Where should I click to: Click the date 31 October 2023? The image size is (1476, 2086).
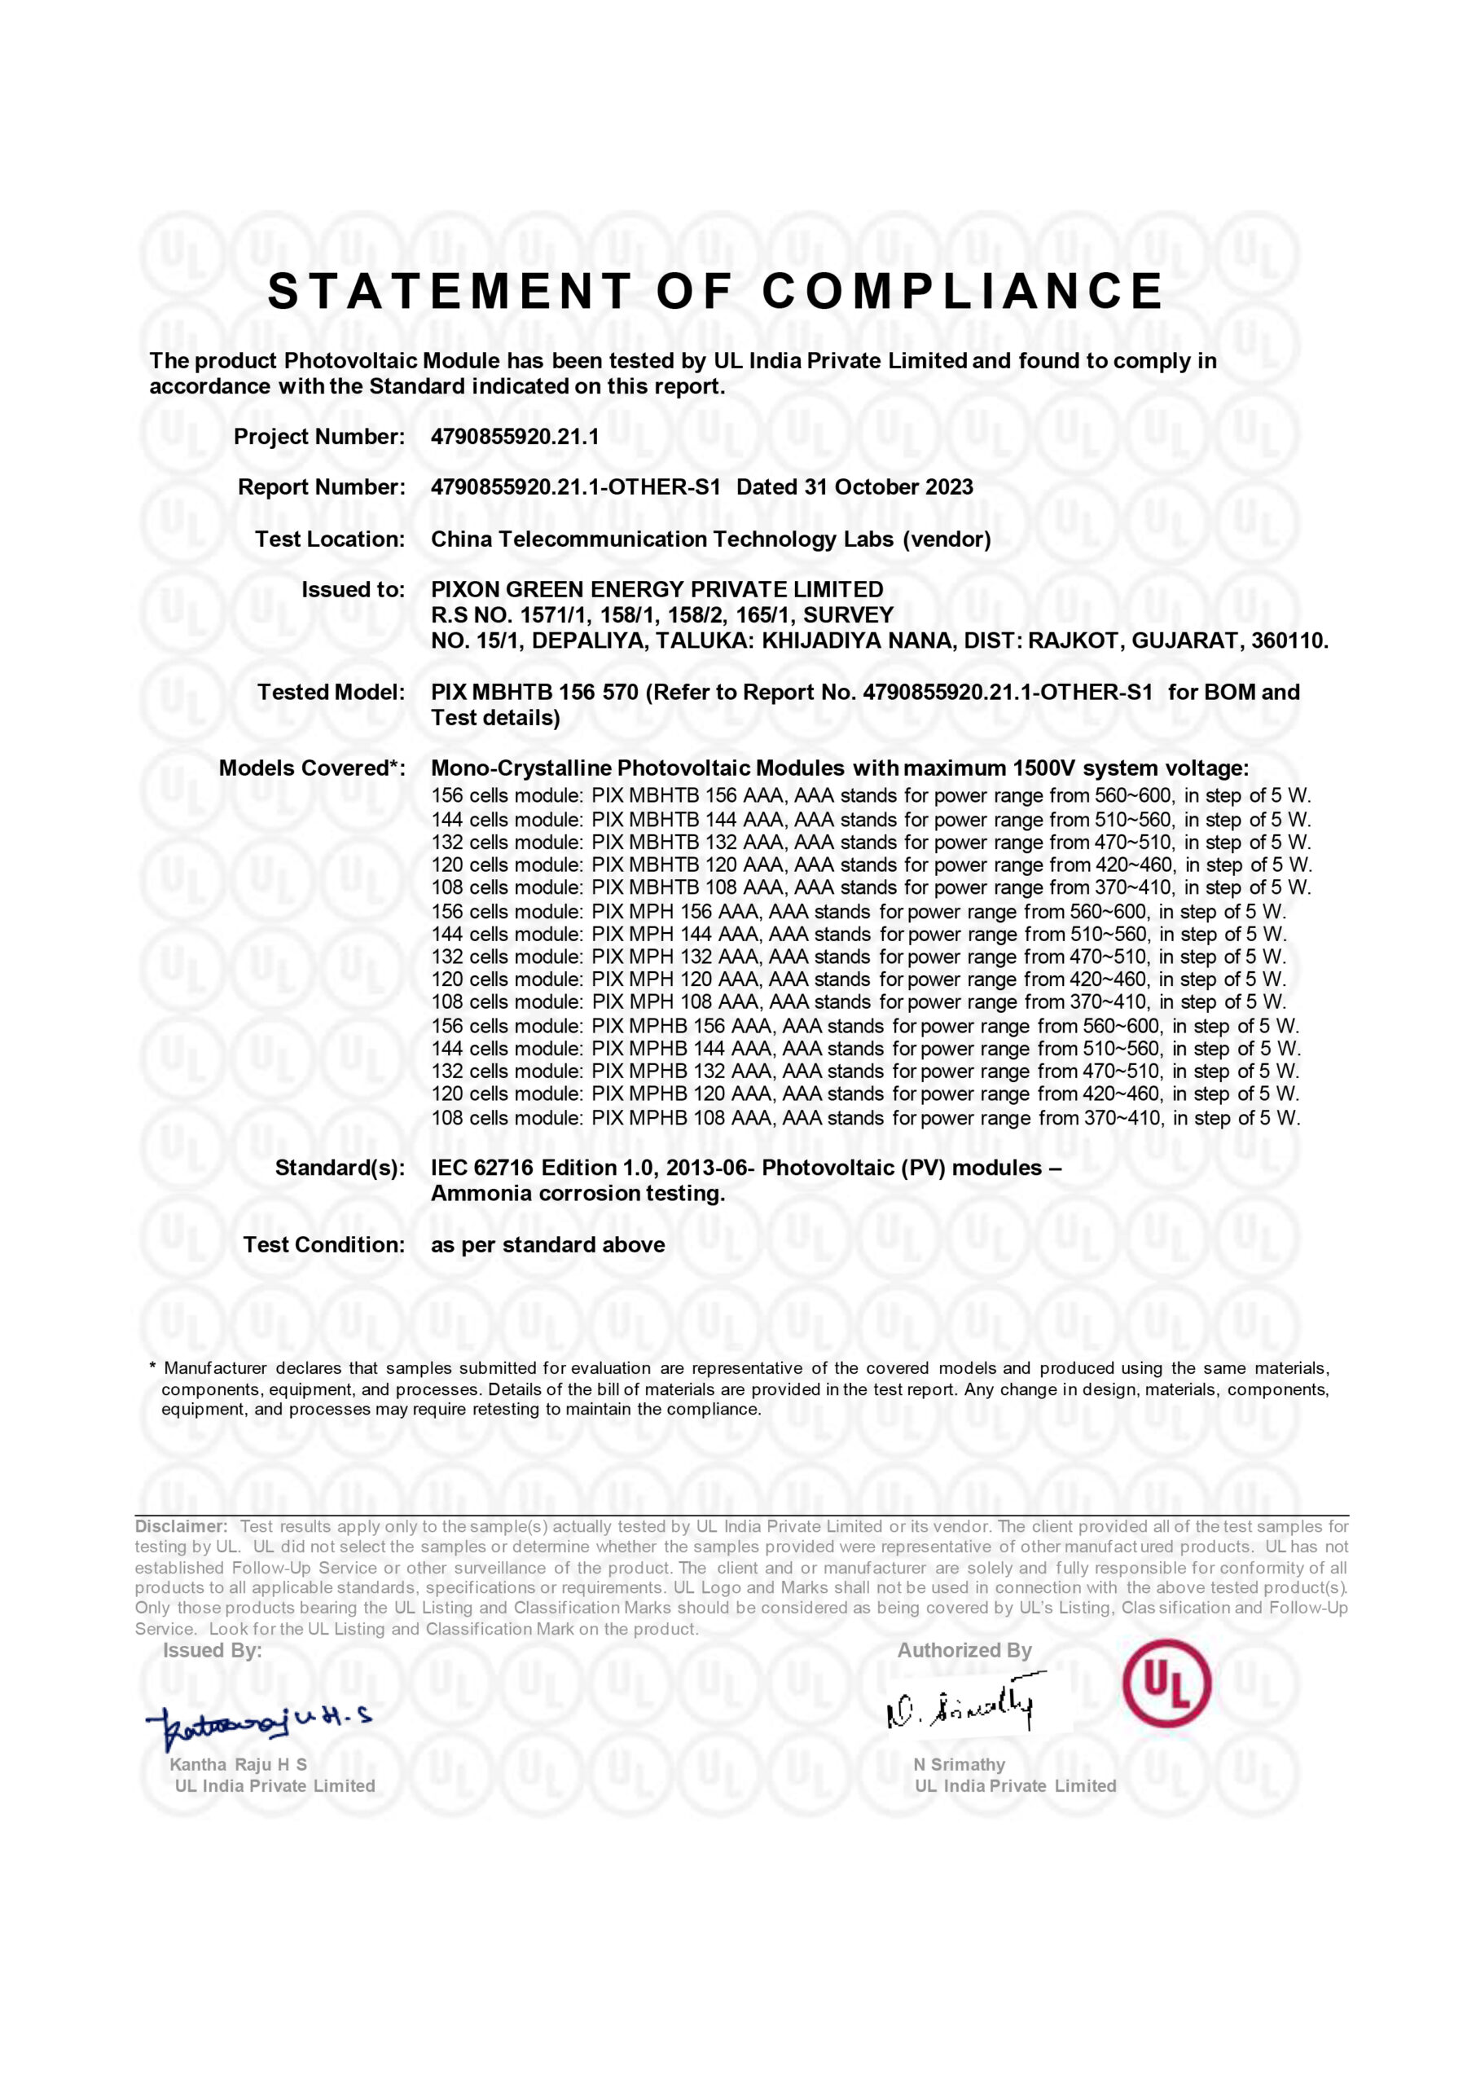pos(888,487)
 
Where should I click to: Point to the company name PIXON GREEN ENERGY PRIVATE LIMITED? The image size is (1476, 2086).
pos(657,590)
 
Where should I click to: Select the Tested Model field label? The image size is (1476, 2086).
pos(331,693)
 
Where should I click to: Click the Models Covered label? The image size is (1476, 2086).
pos(312,769)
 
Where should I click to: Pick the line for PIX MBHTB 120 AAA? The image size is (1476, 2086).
pos(871,865)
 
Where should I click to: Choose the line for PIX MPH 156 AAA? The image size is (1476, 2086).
pos(858,912)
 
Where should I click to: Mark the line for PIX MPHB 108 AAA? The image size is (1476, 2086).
pos(864,1118)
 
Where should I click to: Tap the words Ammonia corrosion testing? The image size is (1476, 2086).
pos(578,1194)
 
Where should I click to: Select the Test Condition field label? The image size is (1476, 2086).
pos(323,1245)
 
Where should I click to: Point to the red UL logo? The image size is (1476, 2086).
pos(1166,1683)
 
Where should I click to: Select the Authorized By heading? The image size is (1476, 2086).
pos(964,1651)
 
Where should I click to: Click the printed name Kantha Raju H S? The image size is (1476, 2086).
pos(238,1765)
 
